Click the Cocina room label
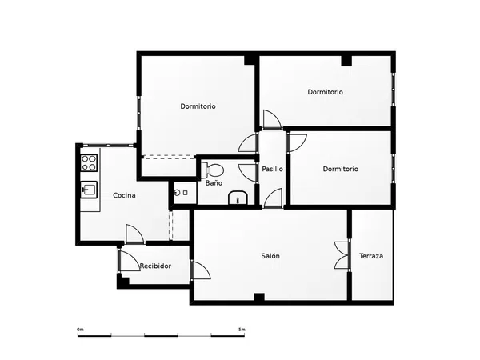(124, 195)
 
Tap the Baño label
(214, 183)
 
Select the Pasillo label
(273, 169)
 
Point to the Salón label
(270, 256)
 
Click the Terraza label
(371, 256)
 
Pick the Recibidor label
(155, 266)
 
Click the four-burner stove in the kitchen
(89, 163)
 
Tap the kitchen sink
(89, 190)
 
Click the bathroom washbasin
(238, 198)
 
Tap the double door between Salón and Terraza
(342, 255)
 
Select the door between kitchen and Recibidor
(134, 234)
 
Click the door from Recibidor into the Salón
(201, 270)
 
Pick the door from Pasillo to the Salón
(273, 198)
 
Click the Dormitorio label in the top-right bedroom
(325, 92)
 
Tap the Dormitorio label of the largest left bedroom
(198, 106)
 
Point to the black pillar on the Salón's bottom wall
(259, 297)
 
